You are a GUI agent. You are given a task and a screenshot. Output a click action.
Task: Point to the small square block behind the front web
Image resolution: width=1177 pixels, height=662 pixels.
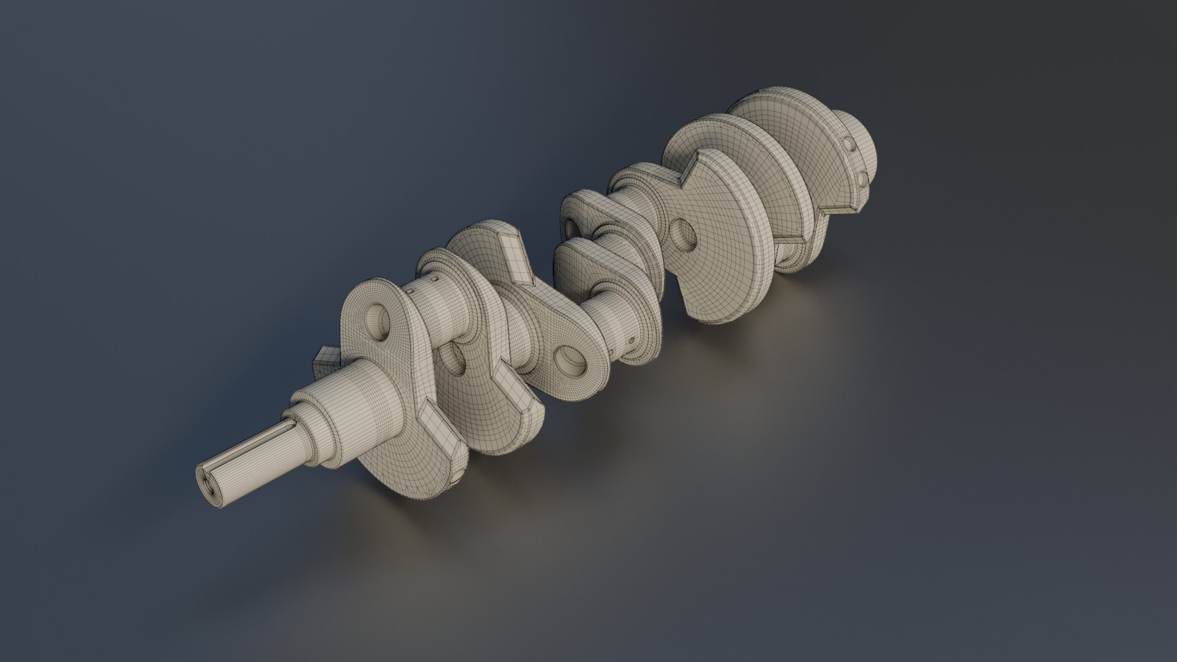[327, 362]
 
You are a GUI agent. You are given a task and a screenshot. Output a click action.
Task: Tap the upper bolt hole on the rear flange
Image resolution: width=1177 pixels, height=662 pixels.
[850, 145]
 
